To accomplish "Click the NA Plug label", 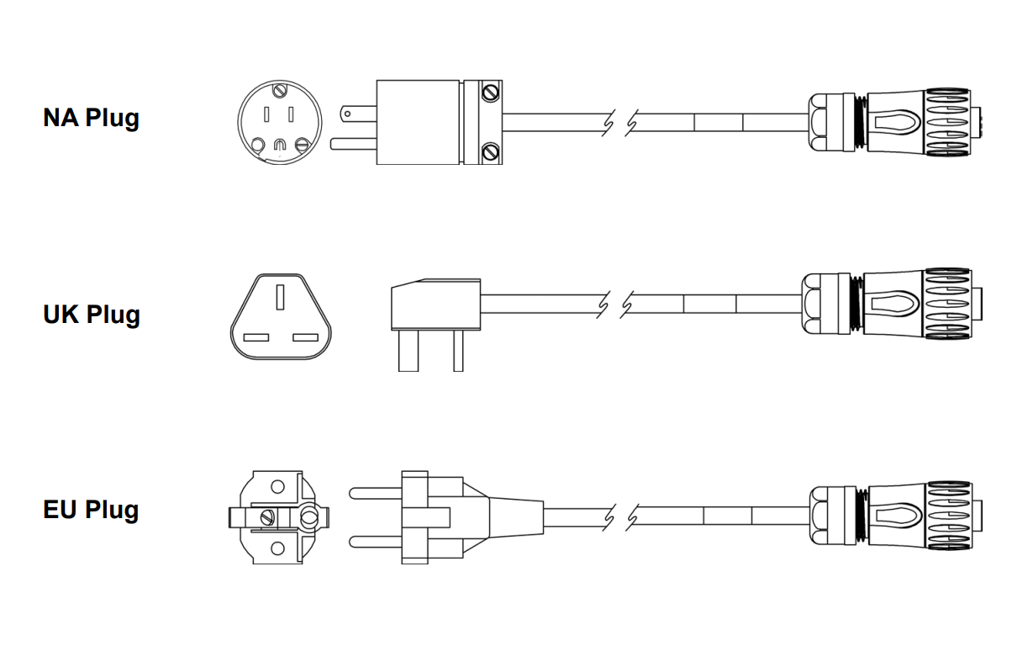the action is pos(91,118).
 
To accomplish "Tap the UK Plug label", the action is pos(92,315).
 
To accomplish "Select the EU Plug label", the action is pos(91,511).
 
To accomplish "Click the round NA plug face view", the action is pos(280,122).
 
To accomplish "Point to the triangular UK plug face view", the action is pos(281,316).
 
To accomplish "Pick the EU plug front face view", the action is pos(279,517).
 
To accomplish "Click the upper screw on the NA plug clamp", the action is pos(490,93).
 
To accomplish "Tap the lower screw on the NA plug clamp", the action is pos(490,151).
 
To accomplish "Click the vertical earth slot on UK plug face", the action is pos(280,297).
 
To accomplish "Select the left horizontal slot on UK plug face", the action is pos(256,338).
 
